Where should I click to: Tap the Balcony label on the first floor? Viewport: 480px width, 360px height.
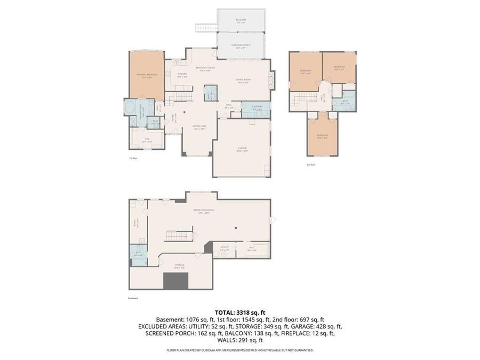pos(241,20)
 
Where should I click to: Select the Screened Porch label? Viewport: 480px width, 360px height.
pos(241,45)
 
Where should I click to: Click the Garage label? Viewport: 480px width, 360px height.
pos(243,149)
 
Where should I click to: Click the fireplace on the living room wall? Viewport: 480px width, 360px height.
pos(273,80)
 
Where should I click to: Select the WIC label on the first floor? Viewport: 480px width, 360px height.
pos(147,140)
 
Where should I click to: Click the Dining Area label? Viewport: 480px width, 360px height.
pos(199,127)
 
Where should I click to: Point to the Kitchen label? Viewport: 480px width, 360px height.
pos(182,75)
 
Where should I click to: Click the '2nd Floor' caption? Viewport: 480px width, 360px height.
pos(311,165)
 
